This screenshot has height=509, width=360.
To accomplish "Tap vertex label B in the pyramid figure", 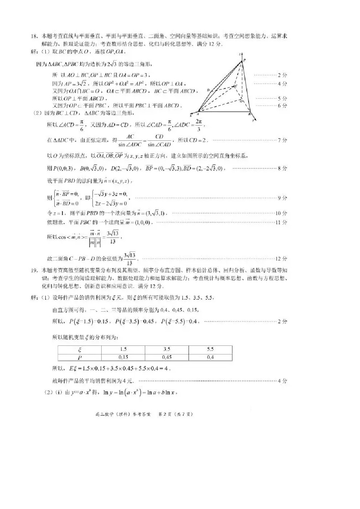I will click(x=250, y=114).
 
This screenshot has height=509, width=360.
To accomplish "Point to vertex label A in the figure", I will click(x=198, y=114).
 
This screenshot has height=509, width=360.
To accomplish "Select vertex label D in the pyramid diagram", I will click(x=208, y=90).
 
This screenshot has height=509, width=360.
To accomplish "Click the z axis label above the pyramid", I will click(x=240, y=54).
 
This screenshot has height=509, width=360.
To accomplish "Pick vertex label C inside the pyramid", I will click(x=236, y=86).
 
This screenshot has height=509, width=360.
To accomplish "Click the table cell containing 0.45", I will click(x=167, y=357).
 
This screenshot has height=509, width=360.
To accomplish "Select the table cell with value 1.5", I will click(x=123, y=349).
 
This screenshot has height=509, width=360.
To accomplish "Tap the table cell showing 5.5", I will click(x=210, y=349).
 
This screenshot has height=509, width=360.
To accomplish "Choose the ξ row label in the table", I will click(x=79, y=349).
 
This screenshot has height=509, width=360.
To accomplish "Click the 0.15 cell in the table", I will click(x=123, y=357).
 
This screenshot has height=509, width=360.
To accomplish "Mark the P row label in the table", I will click(x=79, y=358).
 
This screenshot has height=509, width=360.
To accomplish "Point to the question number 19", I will click(x=34, y=270).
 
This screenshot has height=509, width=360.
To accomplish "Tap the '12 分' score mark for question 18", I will click(x=281, y=259).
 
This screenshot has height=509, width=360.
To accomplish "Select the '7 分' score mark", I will click(x=282, y=140).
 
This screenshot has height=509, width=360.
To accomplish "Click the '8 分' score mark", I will click(x=282, y=168).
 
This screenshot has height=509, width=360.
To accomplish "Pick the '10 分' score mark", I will click(x=281, y=213).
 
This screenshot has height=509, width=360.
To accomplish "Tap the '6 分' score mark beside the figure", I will click(x=282, y=106).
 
